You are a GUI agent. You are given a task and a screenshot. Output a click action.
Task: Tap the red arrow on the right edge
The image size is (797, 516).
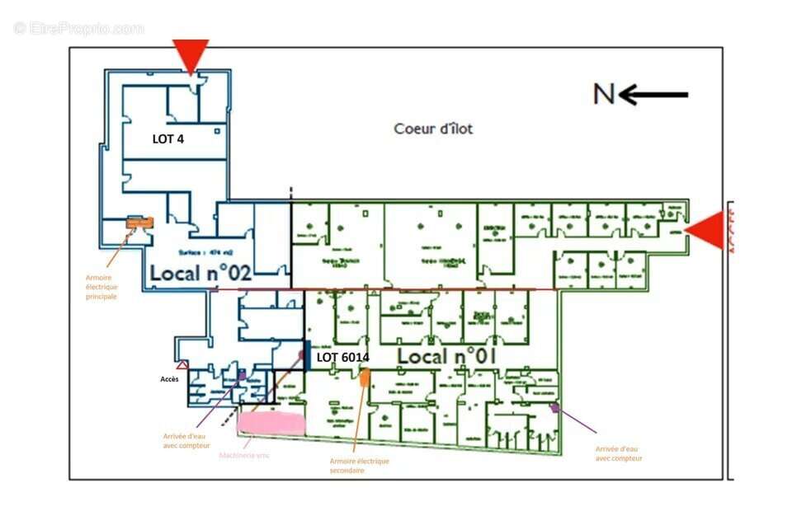(706, 230)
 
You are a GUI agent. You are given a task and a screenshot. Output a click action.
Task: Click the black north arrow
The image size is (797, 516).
(653, 95)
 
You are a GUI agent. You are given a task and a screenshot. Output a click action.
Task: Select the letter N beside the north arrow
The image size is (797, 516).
(604, 95)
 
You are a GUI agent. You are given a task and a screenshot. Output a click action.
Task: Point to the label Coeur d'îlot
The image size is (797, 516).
(433, 129)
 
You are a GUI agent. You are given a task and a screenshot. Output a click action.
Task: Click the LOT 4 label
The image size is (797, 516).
(168, 139)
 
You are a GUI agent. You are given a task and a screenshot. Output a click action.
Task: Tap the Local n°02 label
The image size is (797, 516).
(200, 273)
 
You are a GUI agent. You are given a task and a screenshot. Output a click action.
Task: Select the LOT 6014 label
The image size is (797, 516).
(342, 358)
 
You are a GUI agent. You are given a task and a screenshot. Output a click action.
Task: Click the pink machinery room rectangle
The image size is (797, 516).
(271, 423)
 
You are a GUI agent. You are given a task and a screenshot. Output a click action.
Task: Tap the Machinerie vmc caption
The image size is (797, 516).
(244, 455)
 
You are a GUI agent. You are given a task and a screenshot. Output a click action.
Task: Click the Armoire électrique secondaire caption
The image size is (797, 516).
(359, 466)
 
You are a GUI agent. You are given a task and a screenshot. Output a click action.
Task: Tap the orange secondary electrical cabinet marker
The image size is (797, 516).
(364, 378)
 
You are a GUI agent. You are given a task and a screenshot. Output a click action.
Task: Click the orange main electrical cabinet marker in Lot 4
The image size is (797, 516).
(139, 223)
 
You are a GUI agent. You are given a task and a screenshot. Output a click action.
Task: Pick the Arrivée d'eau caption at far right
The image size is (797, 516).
(619, 453)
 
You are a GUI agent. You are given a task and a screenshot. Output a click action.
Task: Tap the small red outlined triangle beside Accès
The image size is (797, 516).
(182, 364)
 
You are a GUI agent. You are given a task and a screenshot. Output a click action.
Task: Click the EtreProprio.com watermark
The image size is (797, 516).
(78, 29)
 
